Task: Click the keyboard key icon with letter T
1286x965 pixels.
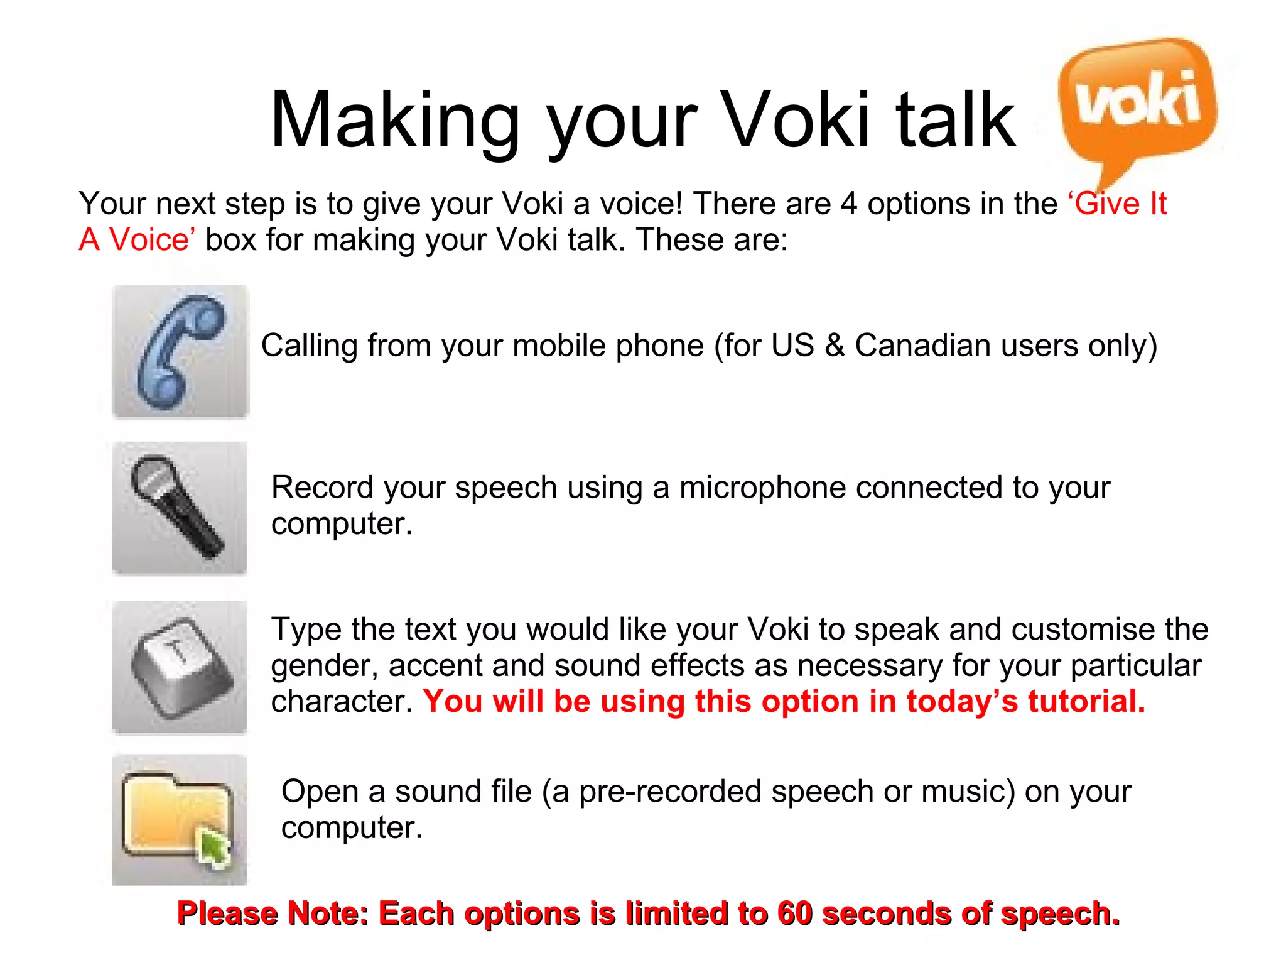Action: coord(178,666)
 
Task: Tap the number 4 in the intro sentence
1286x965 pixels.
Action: coord(848,204)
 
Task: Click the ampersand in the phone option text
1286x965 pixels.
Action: coord(835,346)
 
